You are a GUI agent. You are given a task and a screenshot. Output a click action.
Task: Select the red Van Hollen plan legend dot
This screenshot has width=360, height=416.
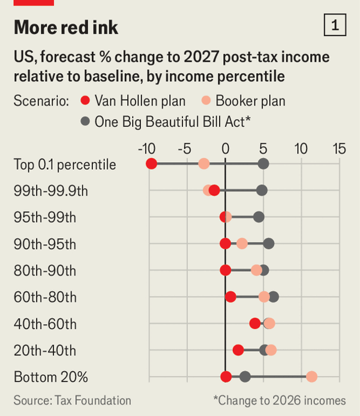tap(85, 101)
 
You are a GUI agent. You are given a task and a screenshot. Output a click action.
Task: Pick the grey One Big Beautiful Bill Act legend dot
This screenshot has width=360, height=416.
tap(85, 122)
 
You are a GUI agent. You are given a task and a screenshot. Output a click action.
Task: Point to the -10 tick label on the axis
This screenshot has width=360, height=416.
tap(148, 148)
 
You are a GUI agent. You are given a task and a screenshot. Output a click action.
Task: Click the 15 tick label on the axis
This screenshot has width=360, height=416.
tap(339, 148)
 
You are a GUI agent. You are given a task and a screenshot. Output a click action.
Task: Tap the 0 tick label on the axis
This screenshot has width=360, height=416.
tap(226, 148)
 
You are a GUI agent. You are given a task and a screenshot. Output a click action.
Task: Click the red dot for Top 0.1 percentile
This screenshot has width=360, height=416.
tap(151, 164)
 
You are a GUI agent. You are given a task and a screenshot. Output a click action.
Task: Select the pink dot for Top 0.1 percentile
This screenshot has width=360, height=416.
tap(204, 164)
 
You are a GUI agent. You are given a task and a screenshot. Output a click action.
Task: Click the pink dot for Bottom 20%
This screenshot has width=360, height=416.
tap(311, 376)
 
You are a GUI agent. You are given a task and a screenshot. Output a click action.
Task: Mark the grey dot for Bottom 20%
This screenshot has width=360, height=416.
tap(245, 376)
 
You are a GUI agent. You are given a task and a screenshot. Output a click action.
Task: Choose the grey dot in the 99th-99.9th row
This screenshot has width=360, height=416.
tap(262, 190)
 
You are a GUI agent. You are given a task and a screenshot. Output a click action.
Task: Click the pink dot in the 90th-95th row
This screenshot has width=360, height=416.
tap(242, 243)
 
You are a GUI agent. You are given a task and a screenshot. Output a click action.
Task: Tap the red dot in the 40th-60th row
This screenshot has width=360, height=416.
tap(255, 324)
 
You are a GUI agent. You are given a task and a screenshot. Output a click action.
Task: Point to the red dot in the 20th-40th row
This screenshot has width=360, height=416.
tap(238, 350)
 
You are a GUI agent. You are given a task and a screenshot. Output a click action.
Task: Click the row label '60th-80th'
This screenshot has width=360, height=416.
tap(45, 297)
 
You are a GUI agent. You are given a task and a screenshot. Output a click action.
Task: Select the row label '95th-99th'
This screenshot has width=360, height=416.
tap(45, 217)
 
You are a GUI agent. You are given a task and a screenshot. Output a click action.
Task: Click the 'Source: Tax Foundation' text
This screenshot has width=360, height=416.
tap(73, 400)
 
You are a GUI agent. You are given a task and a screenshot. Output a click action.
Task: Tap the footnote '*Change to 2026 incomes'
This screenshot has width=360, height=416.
tap(279, 400)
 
